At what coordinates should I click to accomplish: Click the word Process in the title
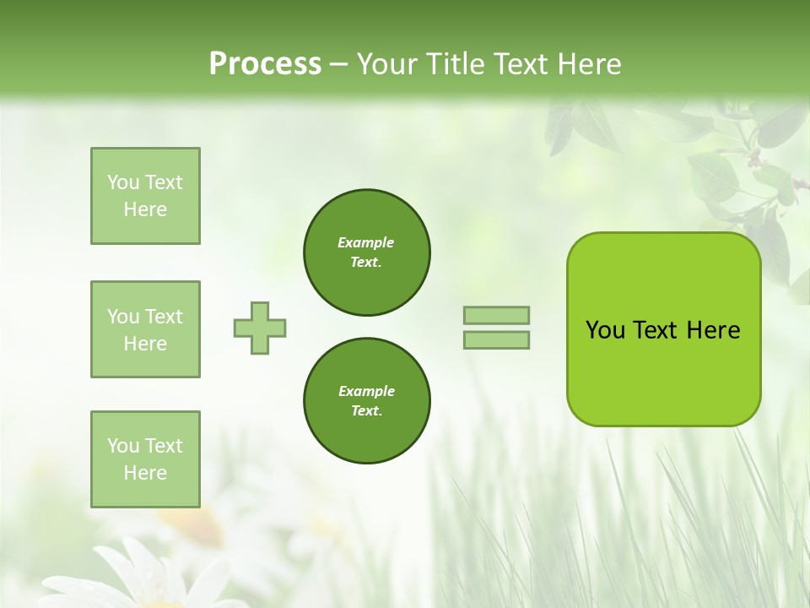click(x=265, y=64)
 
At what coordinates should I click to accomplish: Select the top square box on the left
click(x=145, y=196)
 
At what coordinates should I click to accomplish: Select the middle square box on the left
click(x=145, y=329)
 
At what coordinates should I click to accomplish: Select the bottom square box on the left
click(x=145, y=459)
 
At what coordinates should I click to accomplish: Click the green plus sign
click(x=260, y=328)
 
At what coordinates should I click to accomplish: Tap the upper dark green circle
click(x=366, y=252)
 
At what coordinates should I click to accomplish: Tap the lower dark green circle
click(x=366, y=401)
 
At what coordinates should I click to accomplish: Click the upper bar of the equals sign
click(x=497, y=315)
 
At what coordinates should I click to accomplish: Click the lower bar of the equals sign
click(x=497, y=340)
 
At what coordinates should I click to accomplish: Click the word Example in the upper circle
click(x=365, y=242)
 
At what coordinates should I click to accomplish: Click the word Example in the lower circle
click(x=366, y=391)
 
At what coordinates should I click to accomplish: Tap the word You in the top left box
click(x=121, y=182)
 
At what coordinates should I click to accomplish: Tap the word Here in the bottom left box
click(x=145, y=473)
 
